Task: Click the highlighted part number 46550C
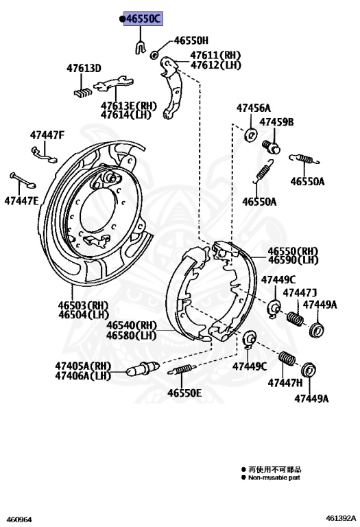click(143, 19)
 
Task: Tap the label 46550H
click(191, 40)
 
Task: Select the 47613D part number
click(84, 68)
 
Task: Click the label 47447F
click(47, 135)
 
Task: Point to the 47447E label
click(22, 201)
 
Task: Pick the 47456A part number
click(254, 108)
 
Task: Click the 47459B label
click(276, 122)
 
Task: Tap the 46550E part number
click(184, 393)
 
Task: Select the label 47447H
click(285, 382)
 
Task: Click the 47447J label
click(300, 293)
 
